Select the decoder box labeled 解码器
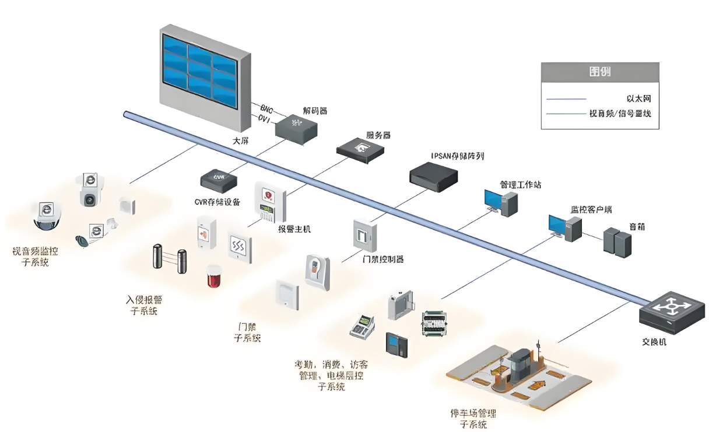(x=300, y=128)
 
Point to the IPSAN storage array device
(x=433, y=173)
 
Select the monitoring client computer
(x=564, y=227)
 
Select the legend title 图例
(x=600, y=72)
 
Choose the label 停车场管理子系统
(x=473, y=419)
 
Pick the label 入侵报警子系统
(x=144, y=305)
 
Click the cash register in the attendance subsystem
(x=362, y=327)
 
